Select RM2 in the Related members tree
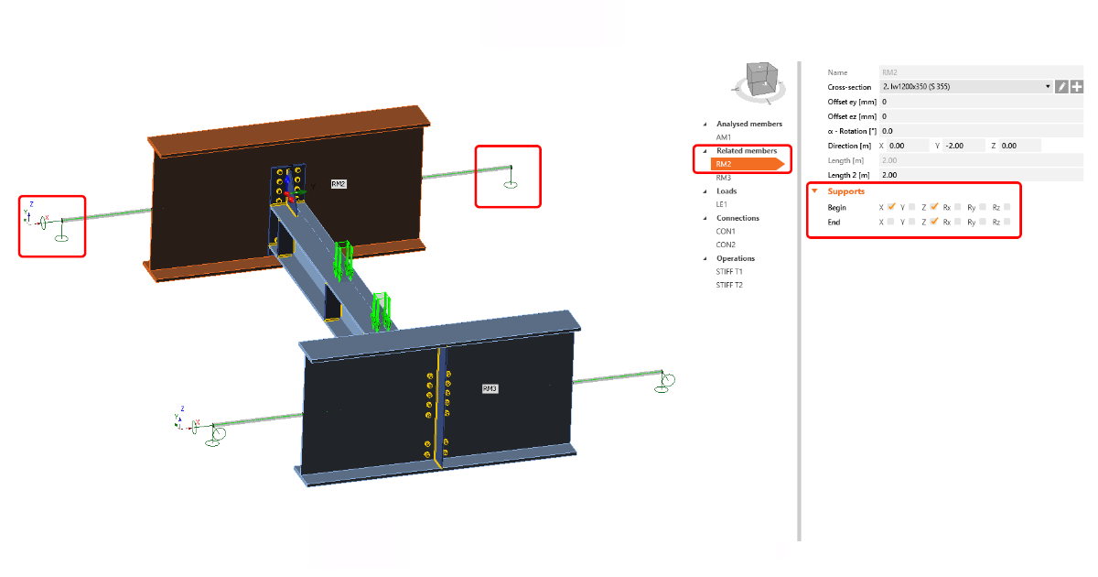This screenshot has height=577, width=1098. click(x=724, y=164)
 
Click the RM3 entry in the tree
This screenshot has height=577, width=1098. click(x=724, y=178)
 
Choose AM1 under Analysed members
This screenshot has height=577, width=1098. click(x=724, y=136)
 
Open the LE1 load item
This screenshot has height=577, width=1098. click(x=722, y=204)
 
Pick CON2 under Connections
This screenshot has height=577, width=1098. click(x=726, y=245)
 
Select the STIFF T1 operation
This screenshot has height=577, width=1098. click(x=729, y=272)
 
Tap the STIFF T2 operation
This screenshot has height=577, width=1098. click(x=729, y=285)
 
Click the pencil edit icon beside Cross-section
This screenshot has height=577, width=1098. click(x=1061, y=87)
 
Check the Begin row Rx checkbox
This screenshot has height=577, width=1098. click(x=957, y=207)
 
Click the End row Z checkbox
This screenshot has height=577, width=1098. click(x=934, y=222)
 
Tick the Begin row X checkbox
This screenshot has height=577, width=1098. click(x=890, y=207)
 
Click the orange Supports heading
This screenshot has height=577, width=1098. click(x=845, y=191)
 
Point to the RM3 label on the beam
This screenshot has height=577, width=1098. click(x=490, y=388)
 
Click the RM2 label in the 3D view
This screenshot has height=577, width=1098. click(x=338, y=184)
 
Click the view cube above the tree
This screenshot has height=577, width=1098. click(x=759, y=80)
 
